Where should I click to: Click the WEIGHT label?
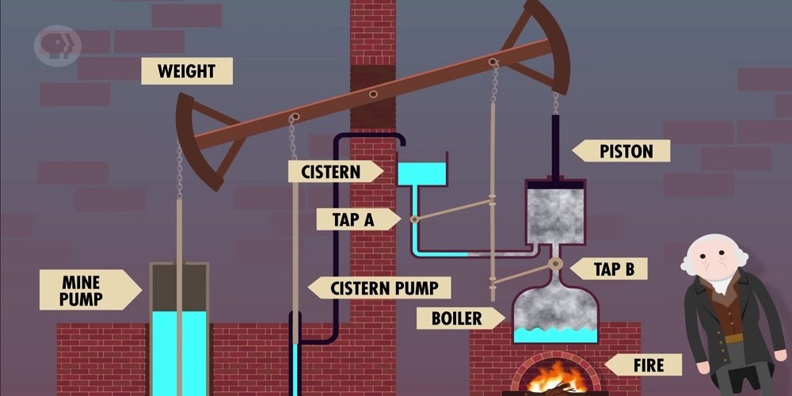pos(187,71)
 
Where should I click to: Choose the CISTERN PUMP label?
pos(379,287)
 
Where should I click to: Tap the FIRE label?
pos(642,365)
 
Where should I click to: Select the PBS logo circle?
pos(57,45)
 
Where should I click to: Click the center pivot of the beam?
pos(373,93)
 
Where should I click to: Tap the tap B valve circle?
pos(556,263)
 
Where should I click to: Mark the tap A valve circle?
pos(414,219)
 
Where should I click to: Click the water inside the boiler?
pos(554,335)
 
